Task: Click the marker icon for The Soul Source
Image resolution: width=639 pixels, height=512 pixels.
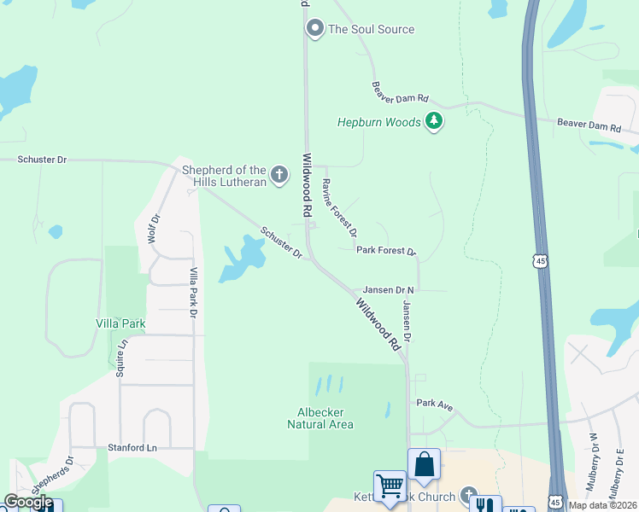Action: click(314, 29)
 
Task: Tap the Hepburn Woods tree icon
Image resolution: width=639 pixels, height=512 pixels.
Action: click(435, 122)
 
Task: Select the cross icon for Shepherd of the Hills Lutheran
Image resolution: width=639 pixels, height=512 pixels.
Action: click(278, 176)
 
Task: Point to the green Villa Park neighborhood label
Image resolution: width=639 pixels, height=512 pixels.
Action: click(120, 324)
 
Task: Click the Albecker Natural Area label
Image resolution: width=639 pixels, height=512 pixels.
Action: click(320, 418)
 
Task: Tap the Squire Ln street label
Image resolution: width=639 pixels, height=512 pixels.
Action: click(121, 358)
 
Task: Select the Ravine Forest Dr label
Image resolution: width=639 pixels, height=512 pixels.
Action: click(339, 207)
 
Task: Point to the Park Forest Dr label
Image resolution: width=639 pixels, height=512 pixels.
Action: click(385, 252)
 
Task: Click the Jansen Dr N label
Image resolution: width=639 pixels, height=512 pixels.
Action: click(388, 290)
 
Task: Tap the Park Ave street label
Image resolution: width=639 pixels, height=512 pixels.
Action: click(434, 404)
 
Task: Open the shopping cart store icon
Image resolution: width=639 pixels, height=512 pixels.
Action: click(390, 486)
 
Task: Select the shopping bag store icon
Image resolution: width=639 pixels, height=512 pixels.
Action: click(424, 465)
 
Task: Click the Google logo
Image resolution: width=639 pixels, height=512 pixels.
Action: click(28, 502)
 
